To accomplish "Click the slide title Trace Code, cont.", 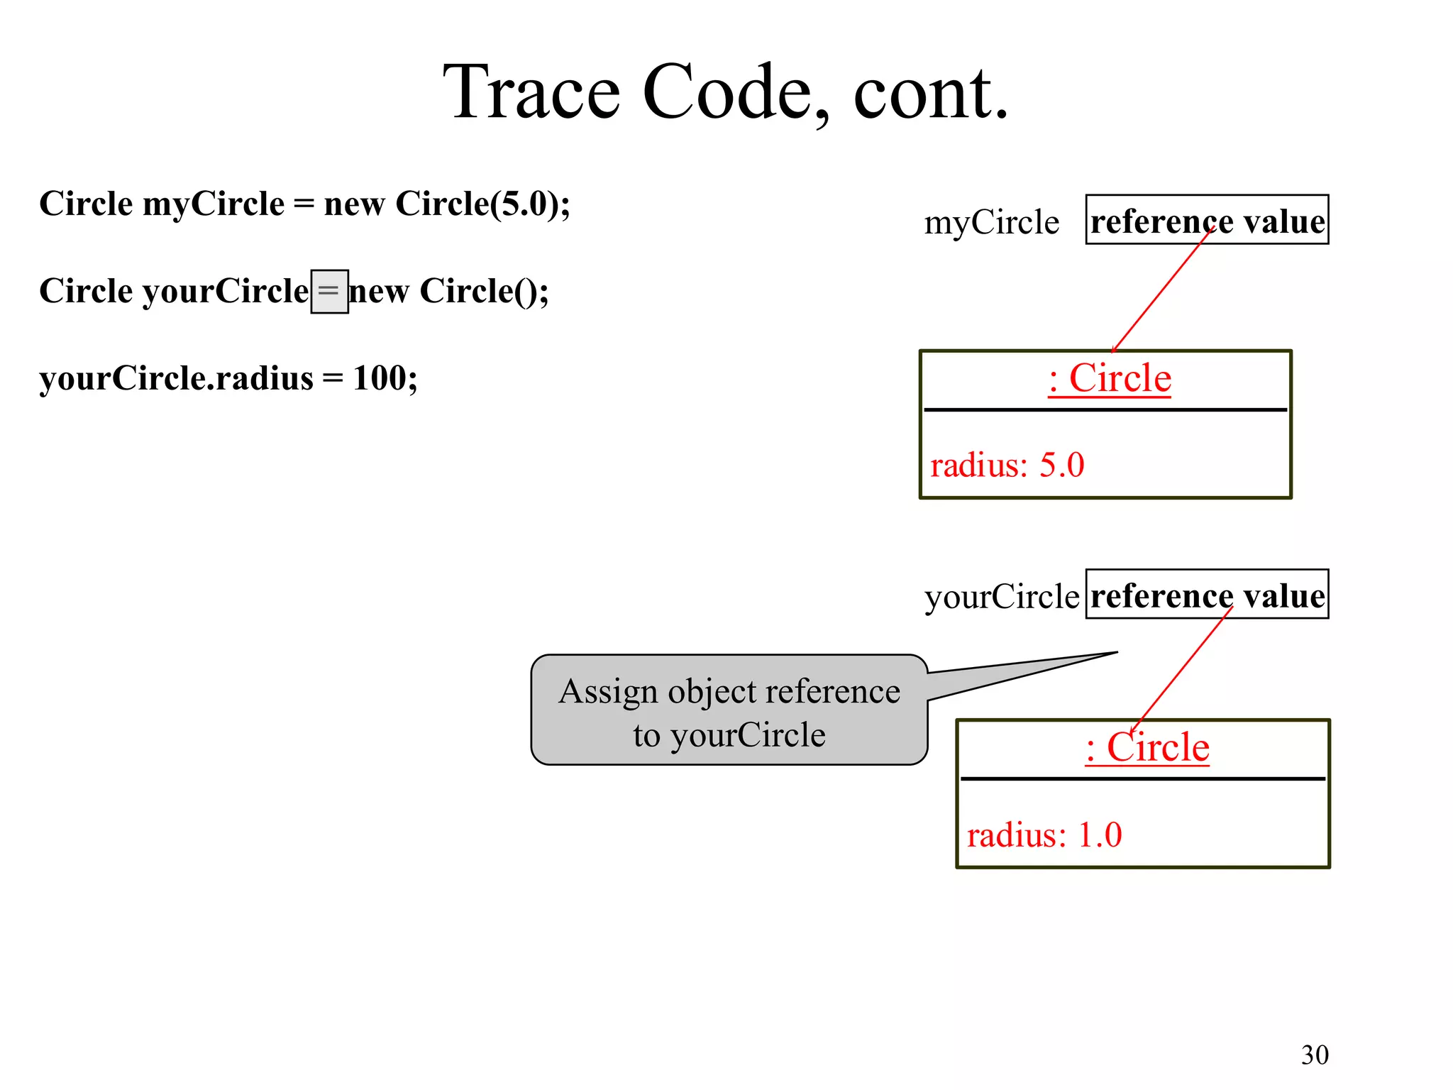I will coord(725,92).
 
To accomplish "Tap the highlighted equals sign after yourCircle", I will coord(329,292).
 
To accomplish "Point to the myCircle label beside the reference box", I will coord(991,223).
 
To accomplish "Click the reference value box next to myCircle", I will coord(1206,220).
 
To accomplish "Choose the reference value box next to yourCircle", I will coord(1206,595).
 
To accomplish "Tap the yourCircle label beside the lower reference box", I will coord(1001,597).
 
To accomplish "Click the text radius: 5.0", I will coord(1007,466).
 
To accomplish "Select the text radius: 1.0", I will coord(1044,835).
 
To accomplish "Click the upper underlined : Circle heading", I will coord(1109,378).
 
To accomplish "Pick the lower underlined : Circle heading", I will coord(1147,747).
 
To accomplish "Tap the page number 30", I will coord(1314,1055).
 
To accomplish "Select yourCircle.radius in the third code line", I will coord(176,378).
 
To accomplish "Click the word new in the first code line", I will coord(354,204).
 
